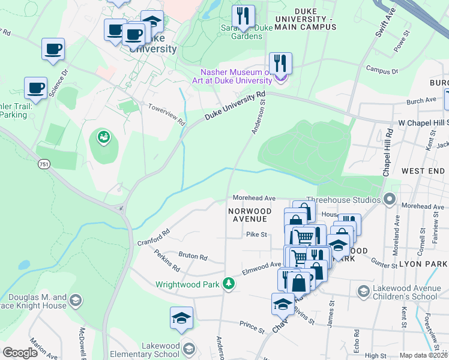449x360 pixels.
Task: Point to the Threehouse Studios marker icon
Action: pos(391,199)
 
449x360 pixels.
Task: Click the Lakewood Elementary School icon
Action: pos(188,349)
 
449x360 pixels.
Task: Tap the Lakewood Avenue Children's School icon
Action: pos(363,292)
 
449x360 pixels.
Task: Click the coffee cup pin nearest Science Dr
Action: pos(53,49)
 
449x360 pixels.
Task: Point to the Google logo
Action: pos(20,352)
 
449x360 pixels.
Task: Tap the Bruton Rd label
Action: pos(193,256)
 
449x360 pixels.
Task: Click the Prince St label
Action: pos(252,328)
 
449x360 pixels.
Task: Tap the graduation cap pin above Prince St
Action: pos(181,318)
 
